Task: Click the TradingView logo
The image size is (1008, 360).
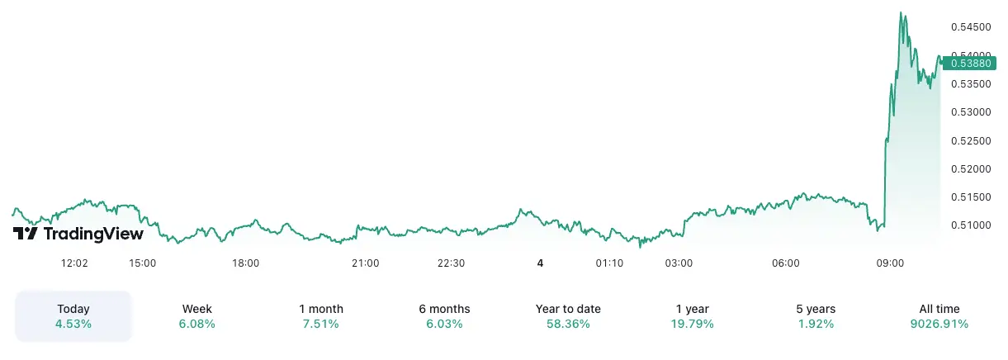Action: pos(78,234)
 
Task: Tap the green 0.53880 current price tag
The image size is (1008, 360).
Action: pos(969,63)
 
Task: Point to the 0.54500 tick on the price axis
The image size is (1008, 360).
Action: pos(970,27)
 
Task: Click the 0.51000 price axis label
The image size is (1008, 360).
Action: pos(970,225)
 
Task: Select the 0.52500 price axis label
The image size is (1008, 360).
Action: pos(970,140)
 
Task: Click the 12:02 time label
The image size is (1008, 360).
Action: pos(74,263)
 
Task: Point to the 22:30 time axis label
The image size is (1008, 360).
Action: pos(451,263)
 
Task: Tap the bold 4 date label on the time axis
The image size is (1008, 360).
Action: pos(540,263)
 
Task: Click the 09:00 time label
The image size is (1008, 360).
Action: pos(890,263)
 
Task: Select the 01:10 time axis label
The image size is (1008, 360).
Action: pos(609,263)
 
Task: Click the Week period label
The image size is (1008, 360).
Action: pos(197,309)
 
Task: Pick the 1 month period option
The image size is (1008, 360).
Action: pos(321,309)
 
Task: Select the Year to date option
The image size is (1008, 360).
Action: pos(568,309)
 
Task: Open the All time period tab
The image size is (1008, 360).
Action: pos(939,309)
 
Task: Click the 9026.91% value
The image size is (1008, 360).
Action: pos(939,324)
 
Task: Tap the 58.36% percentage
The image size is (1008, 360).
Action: pos(568,324)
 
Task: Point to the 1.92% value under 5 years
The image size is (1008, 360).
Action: pos(816,324)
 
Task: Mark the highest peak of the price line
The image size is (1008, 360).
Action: pos(901,12)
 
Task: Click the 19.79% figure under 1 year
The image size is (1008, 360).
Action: pos(692,324)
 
